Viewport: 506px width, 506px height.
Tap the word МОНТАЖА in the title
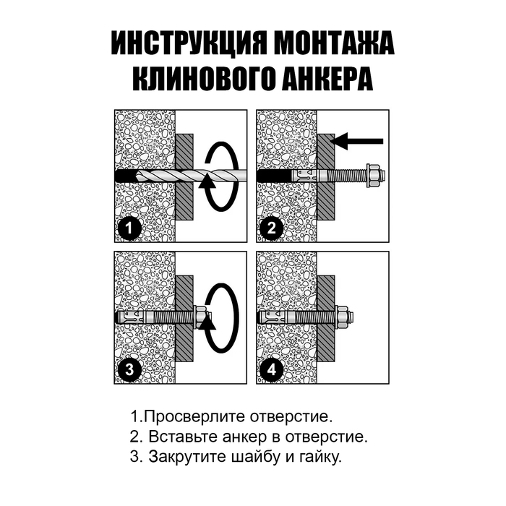click(x=337, y=44)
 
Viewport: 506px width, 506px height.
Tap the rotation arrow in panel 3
click(x=220, y=317)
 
